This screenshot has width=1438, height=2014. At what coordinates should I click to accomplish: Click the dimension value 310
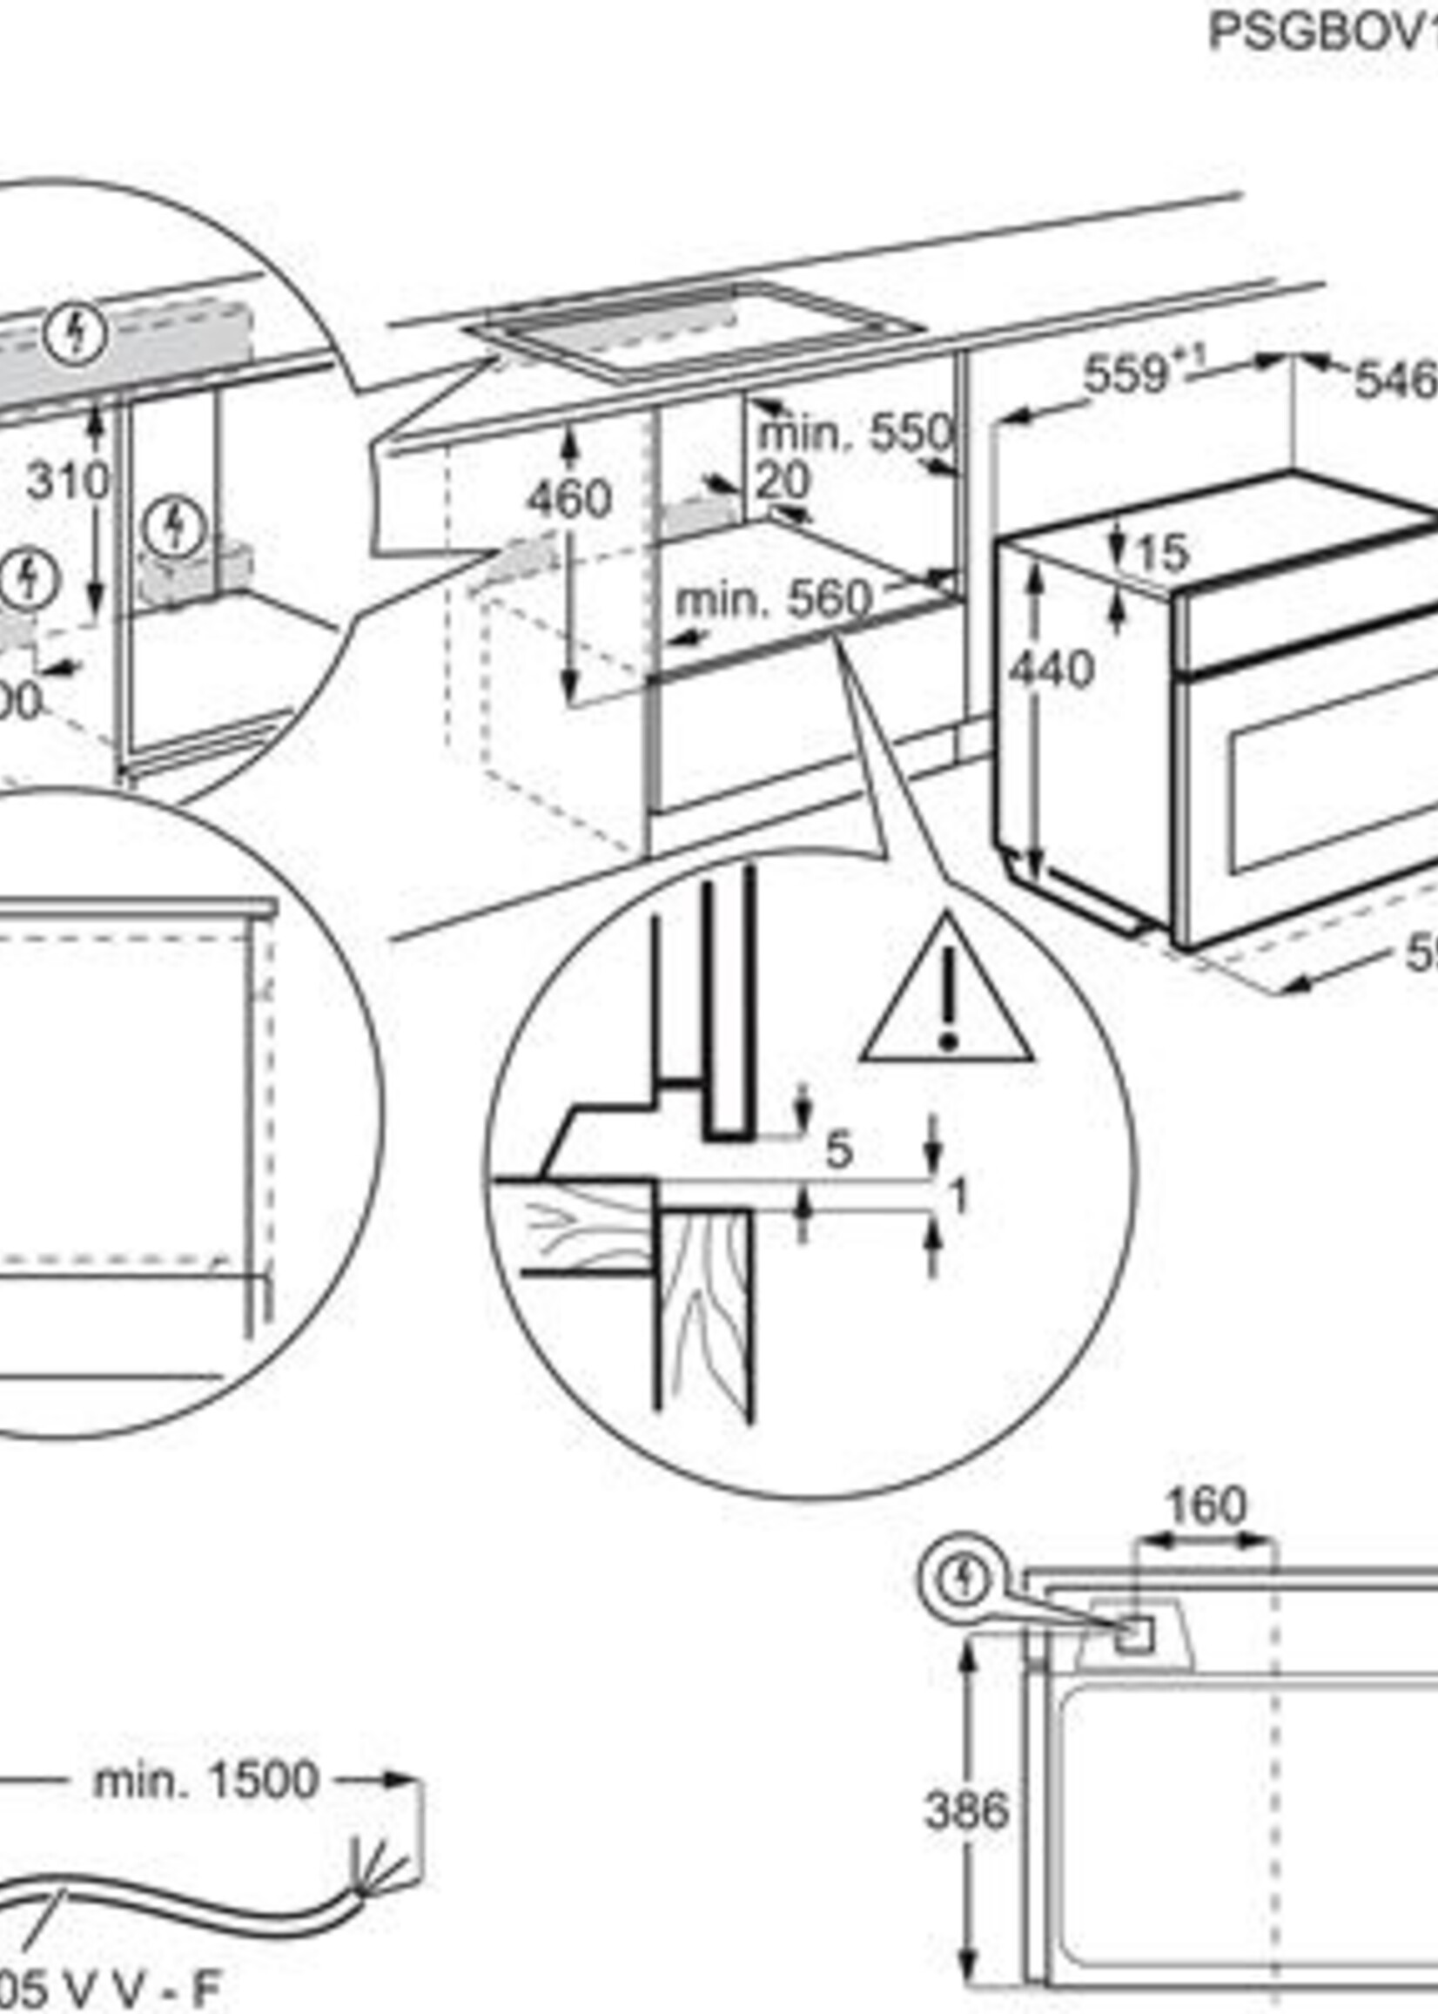pos(67,482)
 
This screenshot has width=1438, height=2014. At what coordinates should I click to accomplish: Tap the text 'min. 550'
pos(856,434)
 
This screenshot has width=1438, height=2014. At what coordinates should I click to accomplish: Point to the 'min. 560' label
pos(773,601)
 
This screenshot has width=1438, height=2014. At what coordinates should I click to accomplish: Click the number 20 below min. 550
pos(783,482)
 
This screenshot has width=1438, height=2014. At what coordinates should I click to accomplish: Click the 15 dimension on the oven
pos(1162,555)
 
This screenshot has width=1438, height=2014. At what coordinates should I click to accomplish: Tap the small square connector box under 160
pos(1134,1634)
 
